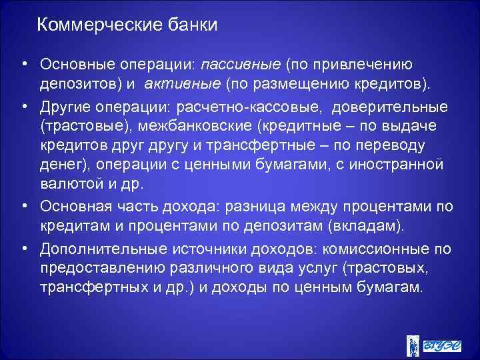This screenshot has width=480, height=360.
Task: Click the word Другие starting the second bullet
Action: click(65, 107)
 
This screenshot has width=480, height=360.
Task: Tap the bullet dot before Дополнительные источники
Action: click(23, 249)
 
